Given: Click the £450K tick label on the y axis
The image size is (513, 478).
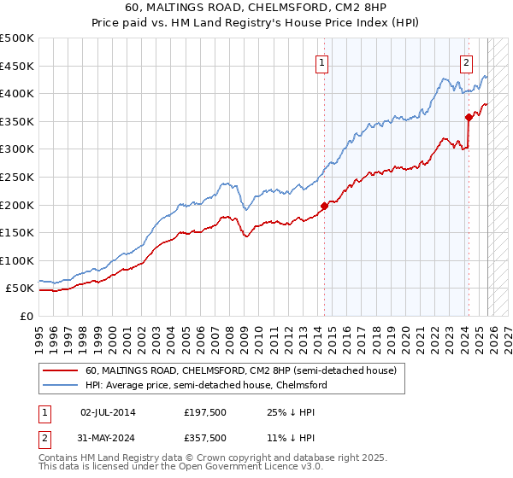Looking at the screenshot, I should pyautogui.click(x=17, y=66).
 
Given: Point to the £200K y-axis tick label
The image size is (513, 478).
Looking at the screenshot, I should pyautogui.click(x=17, y=205).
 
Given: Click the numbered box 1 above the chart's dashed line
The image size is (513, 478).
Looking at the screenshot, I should pyautogui.click(x=322, y=62).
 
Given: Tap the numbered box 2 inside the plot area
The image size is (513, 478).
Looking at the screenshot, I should pyautogui.click(x=466, y=62).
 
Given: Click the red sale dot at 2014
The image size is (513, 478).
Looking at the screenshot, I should pyautogui.click(x=324, y=206).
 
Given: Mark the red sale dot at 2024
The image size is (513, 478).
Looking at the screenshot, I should pyautogui.click(x=469, y=117).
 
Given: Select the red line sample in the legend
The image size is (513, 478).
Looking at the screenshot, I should pyautogui.click(x=60, y=371).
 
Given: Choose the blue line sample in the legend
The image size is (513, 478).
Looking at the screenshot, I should pyautogui.click(x=60, y=386).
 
